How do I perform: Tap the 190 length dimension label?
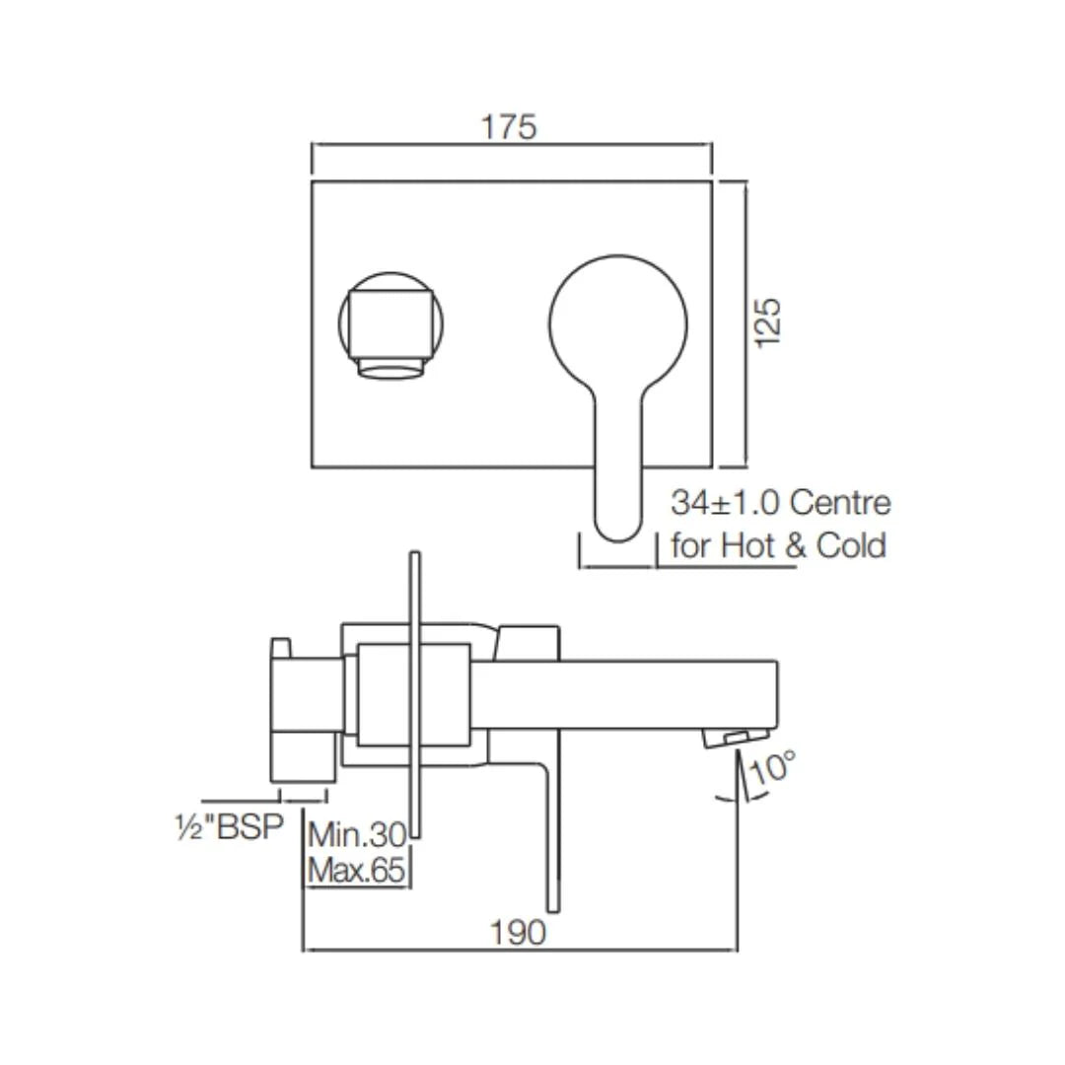(520, 932)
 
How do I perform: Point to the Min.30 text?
(357, 836)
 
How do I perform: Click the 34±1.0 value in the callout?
(725, 504)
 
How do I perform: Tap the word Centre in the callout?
(841, 504)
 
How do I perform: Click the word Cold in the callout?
(850, 545)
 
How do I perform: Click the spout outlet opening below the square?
(391, 369)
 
